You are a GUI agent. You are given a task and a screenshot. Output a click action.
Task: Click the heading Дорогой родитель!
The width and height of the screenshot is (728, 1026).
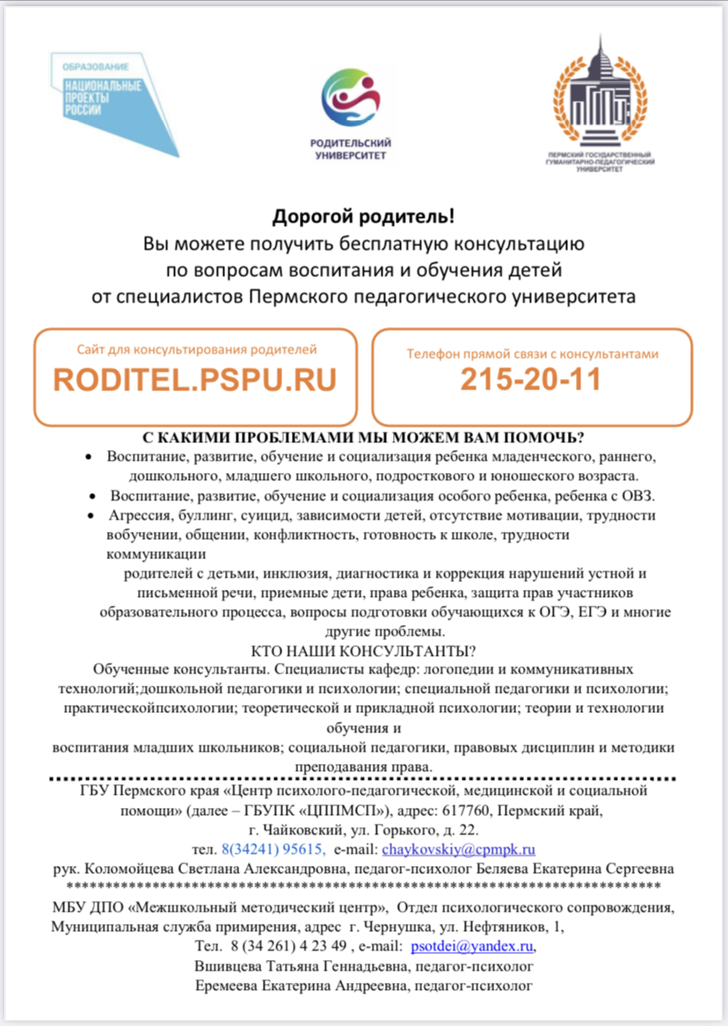[363, 216]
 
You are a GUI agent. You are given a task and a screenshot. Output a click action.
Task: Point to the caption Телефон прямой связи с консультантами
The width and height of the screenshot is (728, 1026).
[531, 353]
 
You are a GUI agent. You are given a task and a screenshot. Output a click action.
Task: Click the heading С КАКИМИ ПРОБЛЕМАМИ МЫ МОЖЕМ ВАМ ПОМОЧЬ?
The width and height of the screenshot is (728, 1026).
[364, 438]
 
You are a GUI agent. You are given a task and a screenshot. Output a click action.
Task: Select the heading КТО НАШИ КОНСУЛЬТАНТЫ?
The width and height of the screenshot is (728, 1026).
[364, 651]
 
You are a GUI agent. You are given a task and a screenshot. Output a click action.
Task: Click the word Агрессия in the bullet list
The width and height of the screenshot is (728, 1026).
[140, 515]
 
